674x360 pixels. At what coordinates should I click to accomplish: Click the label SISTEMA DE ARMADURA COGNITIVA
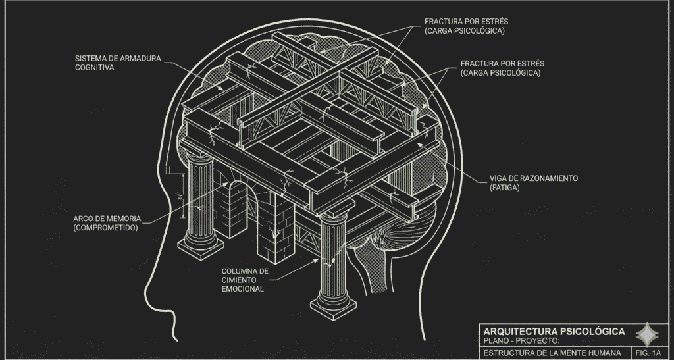coord(118,63)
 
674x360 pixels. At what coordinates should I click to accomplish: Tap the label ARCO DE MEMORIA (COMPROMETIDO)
coord(107,223)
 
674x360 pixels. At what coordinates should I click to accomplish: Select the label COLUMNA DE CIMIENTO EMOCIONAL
coord(245,280)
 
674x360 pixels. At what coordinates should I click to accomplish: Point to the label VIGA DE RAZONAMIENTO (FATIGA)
coord(533,182)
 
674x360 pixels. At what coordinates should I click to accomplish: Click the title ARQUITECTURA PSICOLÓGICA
coord(554,331)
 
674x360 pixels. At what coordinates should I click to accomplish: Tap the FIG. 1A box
coord(648,353)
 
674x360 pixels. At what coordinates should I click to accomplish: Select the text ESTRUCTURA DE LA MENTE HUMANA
coord(552,353)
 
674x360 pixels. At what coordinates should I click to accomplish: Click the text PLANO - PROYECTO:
coord(521,341)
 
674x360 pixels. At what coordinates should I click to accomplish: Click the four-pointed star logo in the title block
coord(647,334)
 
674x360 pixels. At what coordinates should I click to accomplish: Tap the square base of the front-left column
coord(201,248)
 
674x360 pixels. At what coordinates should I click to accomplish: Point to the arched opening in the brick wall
coord(238,209)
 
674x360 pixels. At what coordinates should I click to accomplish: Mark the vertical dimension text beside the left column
coord(181,197)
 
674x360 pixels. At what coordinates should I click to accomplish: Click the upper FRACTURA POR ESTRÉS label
coord(467,26)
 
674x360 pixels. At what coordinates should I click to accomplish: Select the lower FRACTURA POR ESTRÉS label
coord(502,68)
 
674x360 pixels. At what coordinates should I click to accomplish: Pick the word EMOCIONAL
coord(243,289)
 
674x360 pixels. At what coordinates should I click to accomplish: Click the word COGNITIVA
coord(95,67)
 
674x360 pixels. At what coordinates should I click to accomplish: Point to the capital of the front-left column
coord(199,155)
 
